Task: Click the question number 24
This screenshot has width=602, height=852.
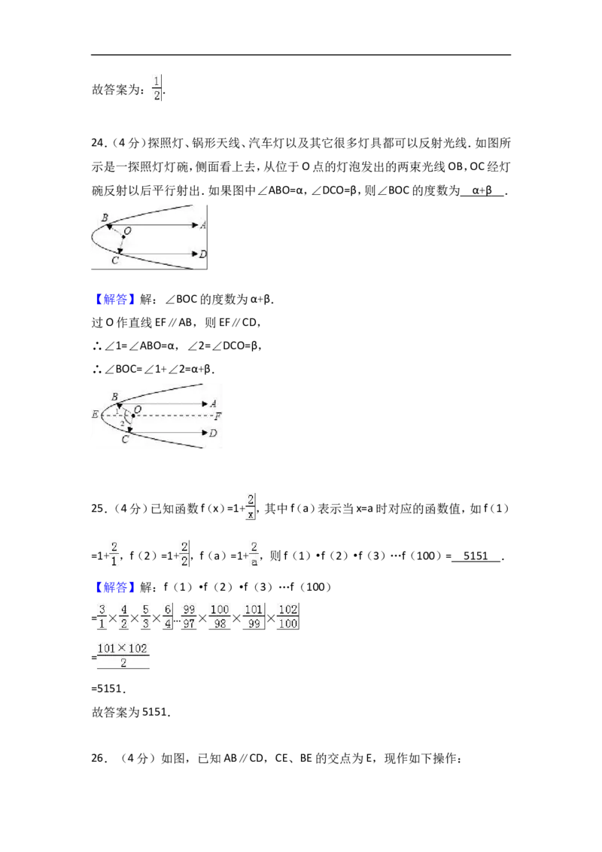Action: (x=98, y=143)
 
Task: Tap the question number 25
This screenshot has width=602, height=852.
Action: (x=98, y=509)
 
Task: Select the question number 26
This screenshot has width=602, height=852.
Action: (x=98, y=758)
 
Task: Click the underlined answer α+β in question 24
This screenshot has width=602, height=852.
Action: (x=482, y=190)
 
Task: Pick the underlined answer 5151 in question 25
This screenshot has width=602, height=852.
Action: (x=476, y=556)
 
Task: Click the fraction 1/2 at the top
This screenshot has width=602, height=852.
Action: (x=157, y=89)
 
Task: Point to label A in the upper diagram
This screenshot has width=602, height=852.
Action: (x=203, y=225)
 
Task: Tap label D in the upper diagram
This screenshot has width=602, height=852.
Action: (x=203, y=254)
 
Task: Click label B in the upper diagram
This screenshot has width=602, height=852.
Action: (x=105, y=218)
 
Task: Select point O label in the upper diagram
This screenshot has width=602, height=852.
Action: (x=128, y=232)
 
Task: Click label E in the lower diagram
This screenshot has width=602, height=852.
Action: (x=95, y=415)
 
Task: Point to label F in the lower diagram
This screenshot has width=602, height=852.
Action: (x=218, y=417)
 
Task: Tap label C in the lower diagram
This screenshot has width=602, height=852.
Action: (x=125, y=439)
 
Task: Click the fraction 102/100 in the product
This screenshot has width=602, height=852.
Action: (x=287, y=616)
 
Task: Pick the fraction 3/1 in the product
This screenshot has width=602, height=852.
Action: (x=102, y=616)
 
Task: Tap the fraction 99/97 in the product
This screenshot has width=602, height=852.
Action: (x=189, y=616)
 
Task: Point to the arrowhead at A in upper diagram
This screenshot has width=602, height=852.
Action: (x=196, y=224)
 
